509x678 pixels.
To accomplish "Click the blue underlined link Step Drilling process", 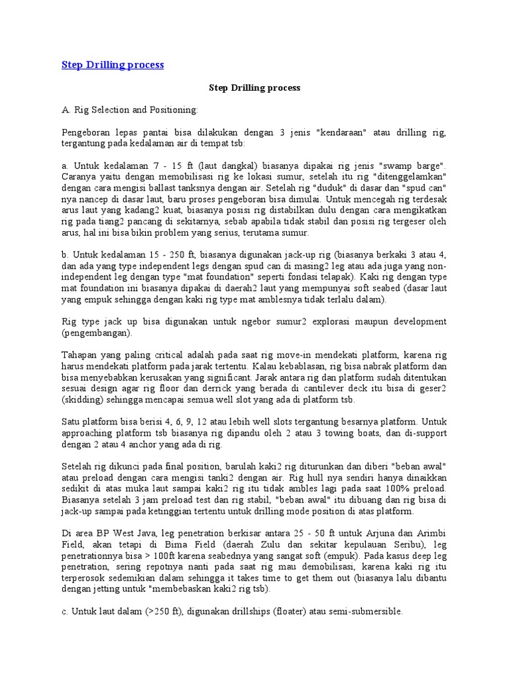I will point(113,65).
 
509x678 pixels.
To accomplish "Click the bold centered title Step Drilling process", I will point(254,87).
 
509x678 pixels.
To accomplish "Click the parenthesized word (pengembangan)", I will point(97,332).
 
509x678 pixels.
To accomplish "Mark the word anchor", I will point(145,444).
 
